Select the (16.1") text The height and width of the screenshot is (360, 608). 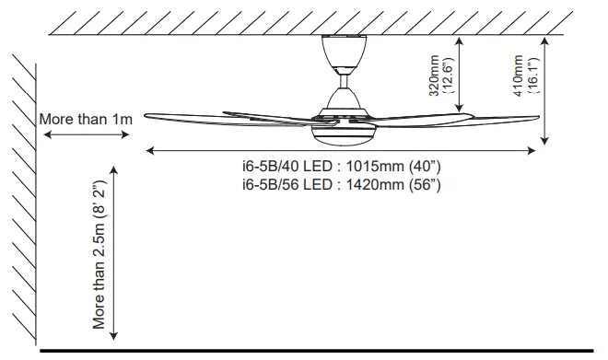[531, 74]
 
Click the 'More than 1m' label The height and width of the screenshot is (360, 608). [87, 119]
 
